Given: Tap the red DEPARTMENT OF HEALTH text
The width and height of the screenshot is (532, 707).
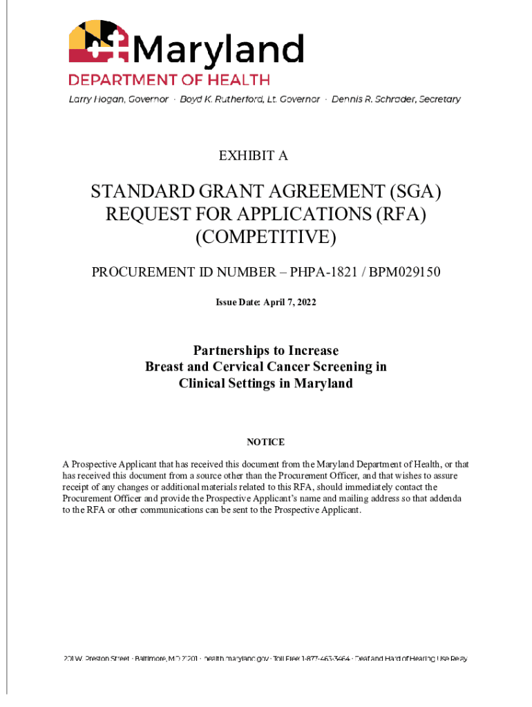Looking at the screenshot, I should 169,80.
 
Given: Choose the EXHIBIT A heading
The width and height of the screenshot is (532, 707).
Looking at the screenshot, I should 253,156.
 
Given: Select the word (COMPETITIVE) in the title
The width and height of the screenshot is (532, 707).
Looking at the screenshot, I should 266,238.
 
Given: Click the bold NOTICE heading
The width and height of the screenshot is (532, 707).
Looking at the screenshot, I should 266,442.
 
